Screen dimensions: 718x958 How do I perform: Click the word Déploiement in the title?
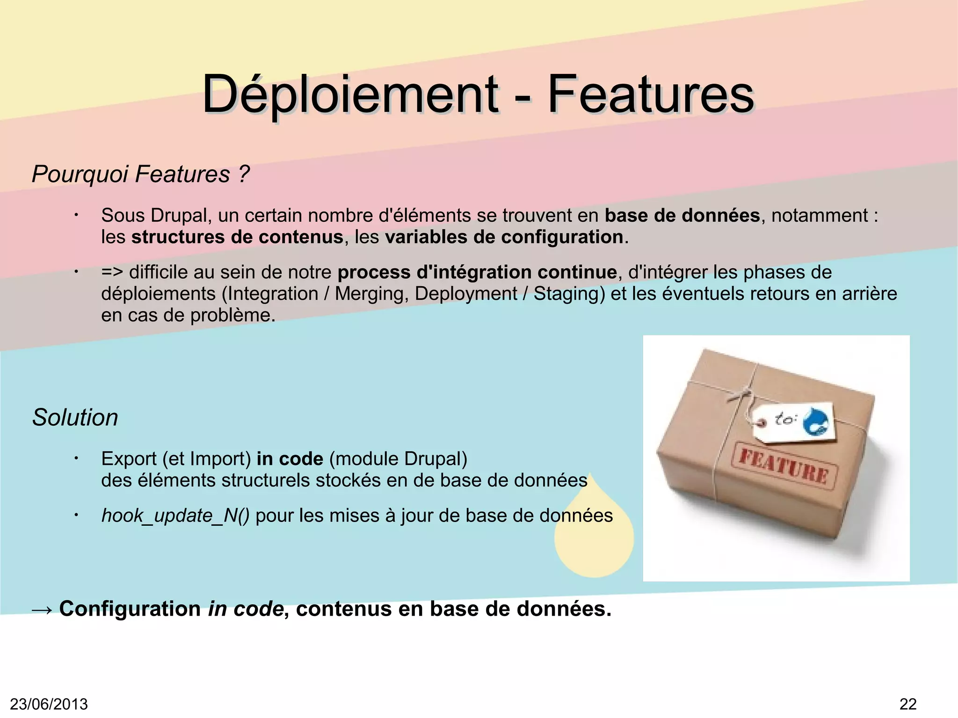click(x=350, y=94)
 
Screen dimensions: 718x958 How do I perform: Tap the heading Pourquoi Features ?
click(x=141, y=174)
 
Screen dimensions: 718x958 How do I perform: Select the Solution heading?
click(x=75, y=417)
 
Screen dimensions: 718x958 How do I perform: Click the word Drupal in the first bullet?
click(x=179, y=216)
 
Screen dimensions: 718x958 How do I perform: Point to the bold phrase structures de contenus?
click(x=238, y=237)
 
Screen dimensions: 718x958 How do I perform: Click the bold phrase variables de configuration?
click(x=504, y=237)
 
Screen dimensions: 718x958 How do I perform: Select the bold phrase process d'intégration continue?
click(x=477, y=272)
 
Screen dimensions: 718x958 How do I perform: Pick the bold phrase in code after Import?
click(x=290, y=459)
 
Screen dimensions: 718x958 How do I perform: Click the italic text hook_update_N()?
click(x=175, y=515)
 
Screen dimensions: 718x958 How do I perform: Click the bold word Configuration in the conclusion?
click(x=130, y=609)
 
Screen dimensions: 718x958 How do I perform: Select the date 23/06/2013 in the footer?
click(x=49, y=704)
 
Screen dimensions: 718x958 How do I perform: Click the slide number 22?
click(x=908, y=704)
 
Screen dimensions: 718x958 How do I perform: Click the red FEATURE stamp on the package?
click(x=784, y=465)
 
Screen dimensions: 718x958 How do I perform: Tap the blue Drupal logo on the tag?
click(x=816, y=421)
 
